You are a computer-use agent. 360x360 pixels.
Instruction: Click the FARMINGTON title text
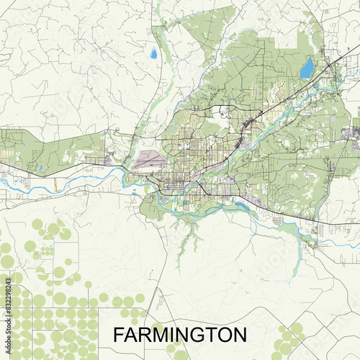(179, 335)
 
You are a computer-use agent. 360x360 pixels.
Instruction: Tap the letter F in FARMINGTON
(117, 335)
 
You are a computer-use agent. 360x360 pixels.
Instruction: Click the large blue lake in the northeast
(307, 68)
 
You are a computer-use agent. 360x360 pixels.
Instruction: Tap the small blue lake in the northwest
(153, 53)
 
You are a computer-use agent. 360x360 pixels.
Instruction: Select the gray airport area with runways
(150, 158)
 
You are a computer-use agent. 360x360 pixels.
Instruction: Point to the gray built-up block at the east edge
(353, 132)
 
